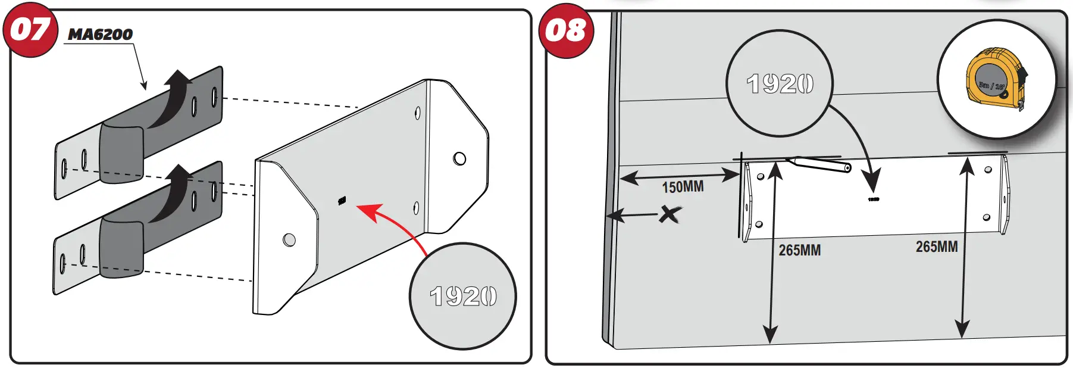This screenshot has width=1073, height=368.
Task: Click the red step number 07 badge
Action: pyautogui.click(x=30, y=30)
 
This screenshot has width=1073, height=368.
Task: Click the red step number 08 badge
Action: pyautogui.click(x=566, y=30)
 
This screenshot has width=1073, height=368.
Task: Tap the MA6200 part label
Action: pyautogui.click(x=100, y=35)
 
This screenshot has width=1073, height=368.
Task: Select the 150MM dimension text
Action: pyautogui.click(x=683, y=187)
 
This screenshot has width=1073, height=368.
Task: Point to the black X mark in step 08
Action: pyautogui.click(x=670, y=214)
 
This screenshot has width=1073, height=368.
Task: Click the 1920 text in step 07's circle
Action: pyautogui.click(x=463, y=296)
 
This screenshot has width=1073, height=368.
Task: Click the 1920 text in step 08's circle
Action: pyautogui.click(x=780, y=84)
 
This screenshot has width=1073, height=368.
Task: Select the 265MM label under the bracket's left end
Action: pyautogui.click(x=799, y=251)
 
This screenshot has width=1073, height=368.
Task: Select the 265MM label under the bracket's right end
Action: pyautogui.click(x=936, y=247)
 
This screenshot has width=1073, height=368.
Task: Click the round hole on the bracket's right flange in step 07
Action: pyautogui.click(x=459, y=158)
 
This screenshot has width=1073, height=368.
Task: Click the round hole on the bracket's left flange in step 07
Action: pyautogui.click(x=289, y=239)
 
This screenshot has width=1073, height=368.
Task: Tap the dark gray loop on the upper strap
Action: pyautogui.click(x=122, y=152)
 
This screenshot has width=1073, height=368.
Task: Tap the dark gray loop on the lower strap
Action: pyautogui.click(x=121, y=247)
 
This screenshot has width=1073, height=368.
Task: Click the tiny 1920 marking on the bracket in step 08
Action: pyautogui.click(x=873, y=199)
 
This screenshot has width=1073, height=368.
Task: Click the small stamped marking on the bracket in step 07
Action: pyautogui.click(x=342, y=201)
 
